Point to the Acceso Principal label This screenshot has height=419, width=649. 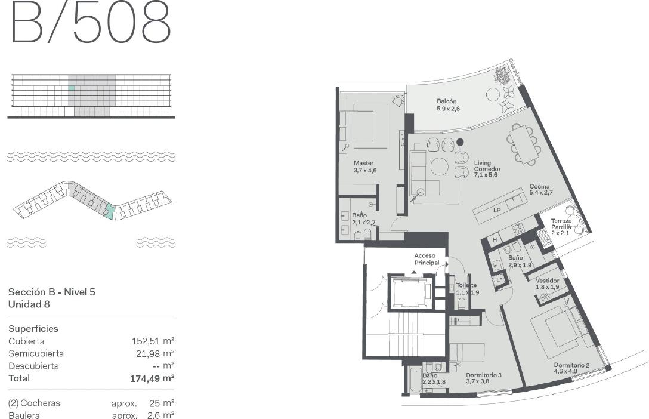coord(427,259)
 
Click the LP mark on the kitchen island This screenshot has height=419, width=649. coord(497,210)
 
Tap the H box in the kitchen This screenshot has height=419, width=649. coord(495,240)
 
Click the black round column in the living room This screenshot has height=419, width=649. coord(460,143)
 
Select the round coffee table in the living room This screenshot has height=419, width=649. coord(440,167)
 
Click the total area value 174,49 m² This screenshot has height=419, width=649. coord(152,378)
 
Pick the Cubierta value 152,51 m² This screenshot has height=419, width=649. coord(153,341)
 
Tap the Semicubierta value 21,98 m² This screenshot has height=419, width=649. coord(155,353)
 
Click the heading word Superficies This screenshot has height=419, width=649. coord(33,329)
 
